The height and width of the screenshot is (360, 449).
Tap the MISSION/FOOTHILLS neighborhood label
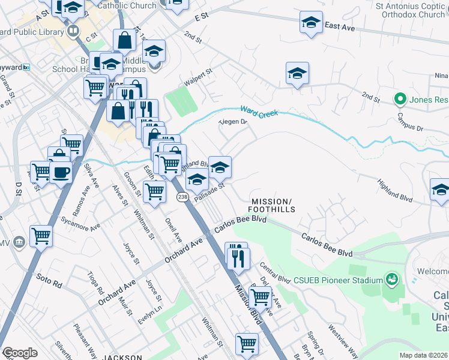coord(273,205)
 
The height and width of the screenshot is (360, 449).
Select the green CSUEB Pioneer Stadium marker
coord(392,279)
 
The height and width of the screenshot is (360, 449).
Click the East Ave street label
coord(340,26)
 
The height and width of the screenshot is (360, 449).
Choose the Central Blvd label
coord(275,272)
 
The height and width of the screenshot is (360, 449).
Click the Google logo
coord(19,353)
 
